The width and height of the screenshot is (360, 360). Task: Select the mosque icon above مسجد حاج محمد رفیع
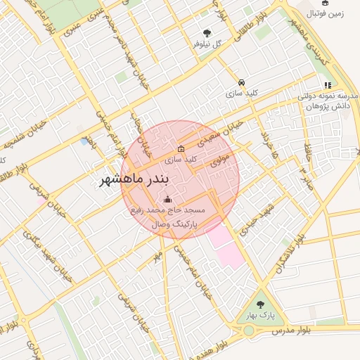click(x=167, y=200)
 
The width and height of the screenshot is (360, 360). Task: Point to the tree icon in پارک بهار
click(x=261, y=304)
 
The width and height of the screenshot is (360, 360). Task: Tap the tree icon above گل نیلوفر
click(x=206, y=32)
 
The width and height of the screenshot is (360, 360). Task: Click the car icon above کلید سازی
click(x=241, y=82)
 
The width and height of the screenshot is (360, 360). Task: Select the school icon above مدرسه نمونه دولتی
click(x=328, y=85)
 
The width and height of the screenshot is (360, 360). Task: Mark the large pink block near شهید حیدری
click(x=226, y=245)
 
